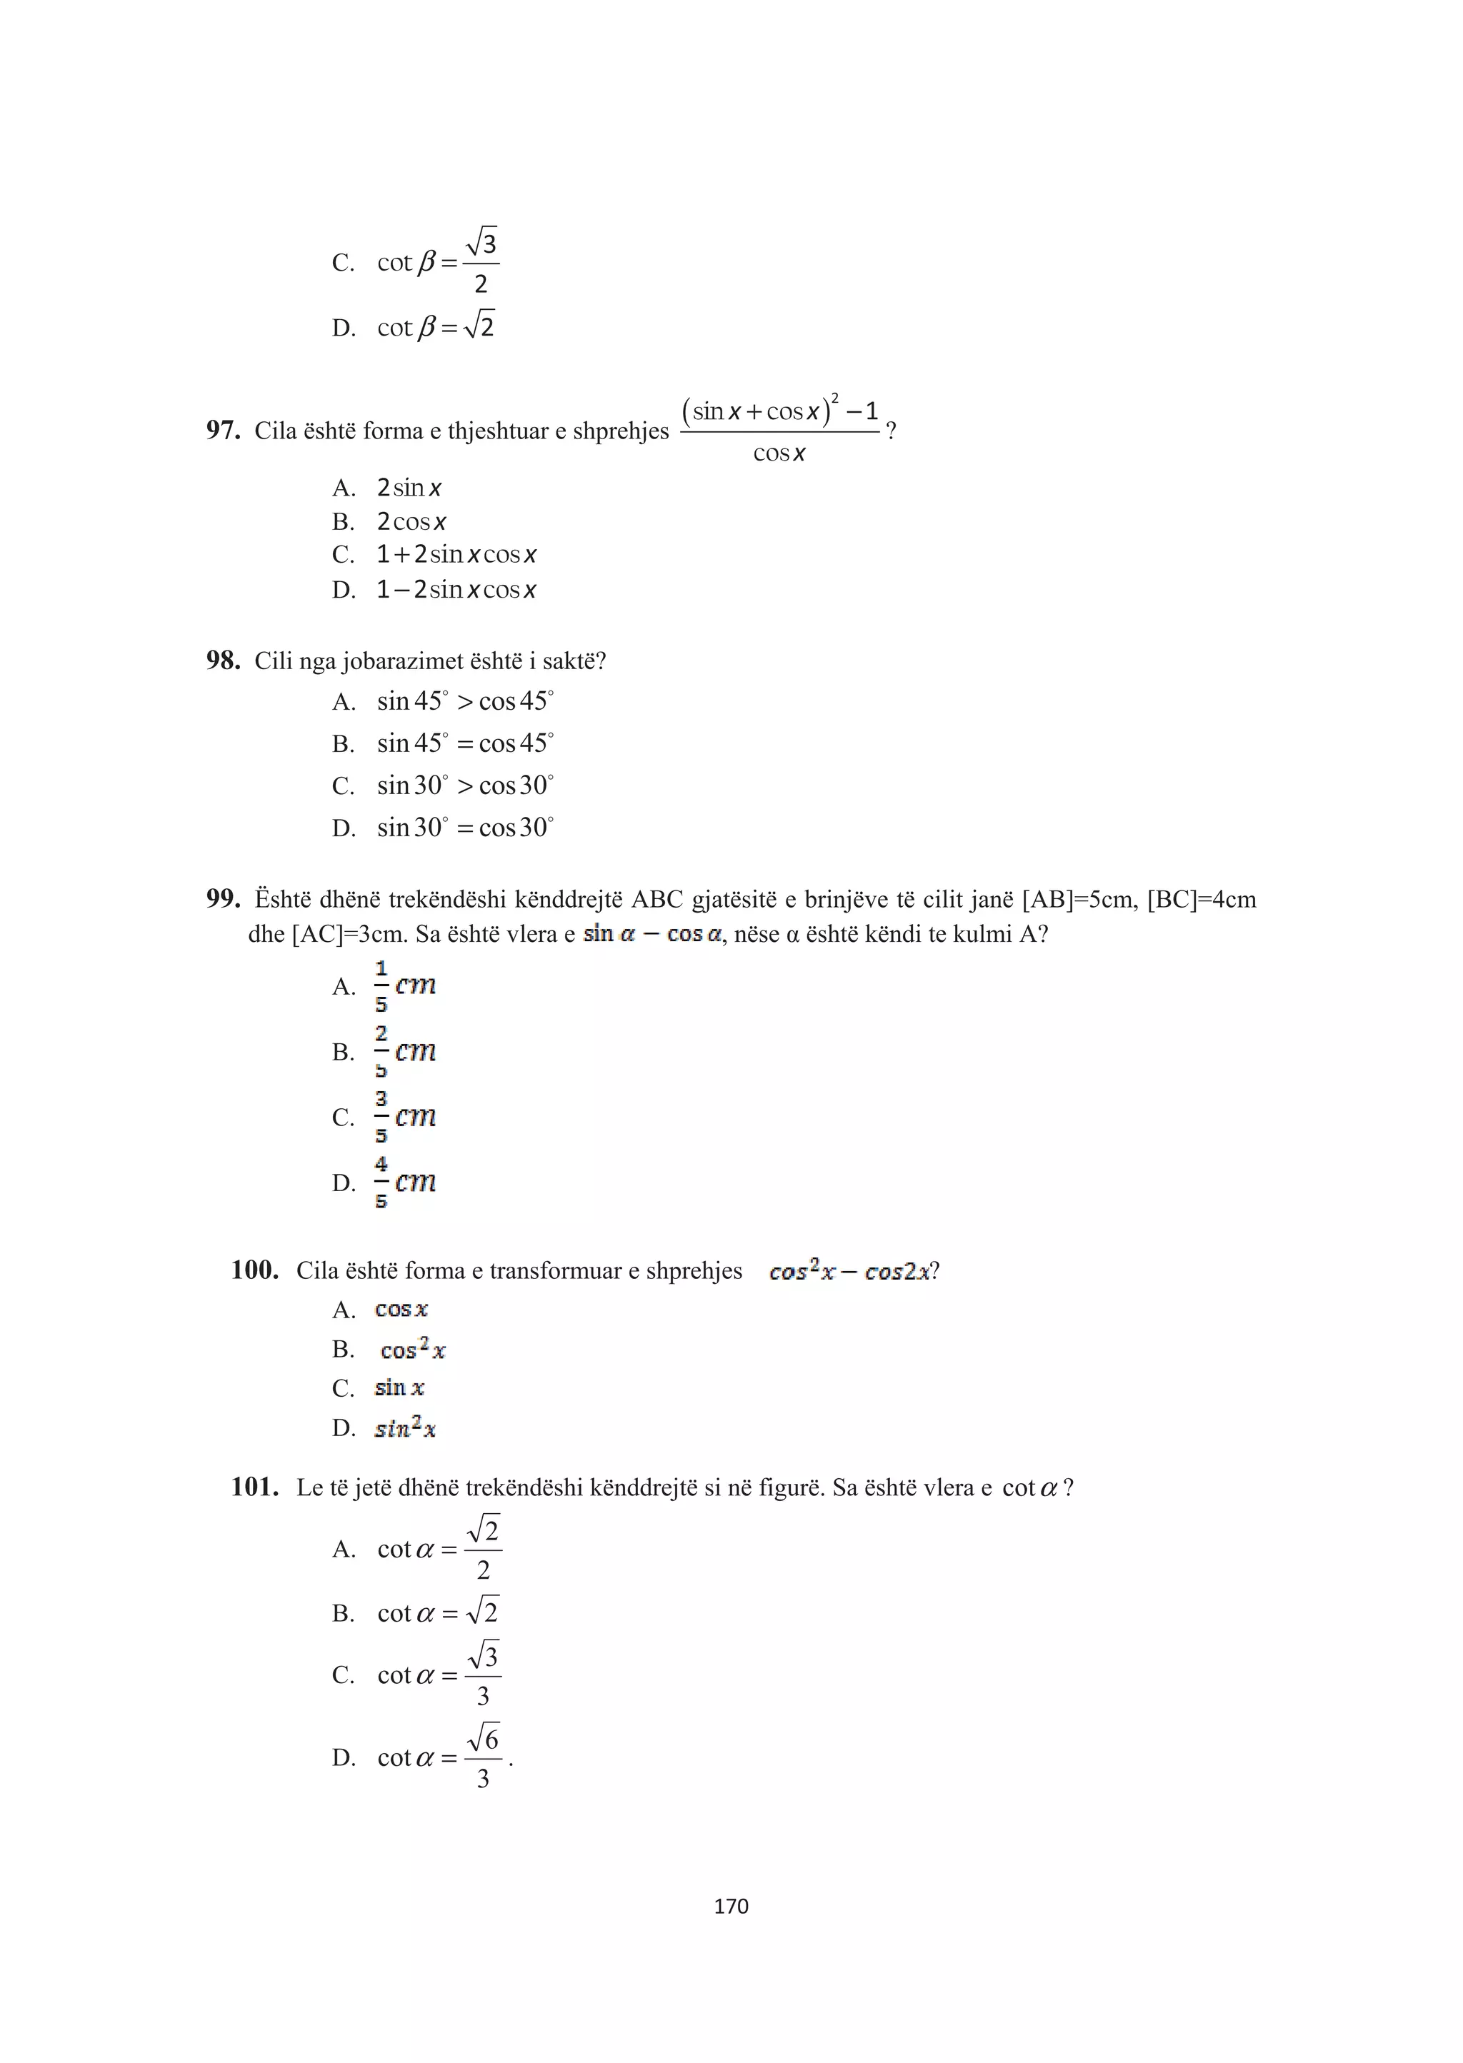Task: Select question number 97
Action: (x=222, y=431)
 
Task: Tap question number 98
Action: (x=222, y=661)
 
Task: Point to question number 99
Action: (x=222, y=898)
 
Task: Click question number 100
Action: (x=254, y=1270)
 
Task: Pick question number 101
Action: (x=254, y=1487)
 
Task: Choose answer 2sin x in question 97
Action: (x=409, y=488)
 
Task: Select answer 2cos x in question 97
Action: (x=411, y=522)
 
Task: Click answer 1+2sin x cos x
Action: (x=456, y=555)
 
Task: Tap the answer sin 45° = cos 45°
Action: (x=465, y=744)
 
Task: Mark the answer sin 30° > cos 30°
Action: (x=465, y=785)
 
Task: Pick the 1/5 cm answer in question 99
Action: (x=405, y=986)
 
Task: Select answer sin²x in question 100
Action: (x=404, y=1428)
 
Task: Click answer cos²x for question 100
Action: (x=413, y=1350)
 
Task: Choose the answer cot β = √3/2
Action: (x=437, y=262)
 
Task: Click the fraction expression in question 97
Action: (x=780, y=431)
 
